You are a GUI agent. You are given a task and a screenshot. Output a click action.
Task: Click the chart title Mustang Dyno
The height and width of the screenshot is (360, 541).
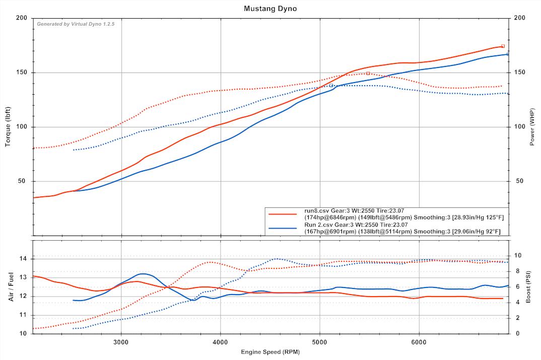click(x=270, y=9)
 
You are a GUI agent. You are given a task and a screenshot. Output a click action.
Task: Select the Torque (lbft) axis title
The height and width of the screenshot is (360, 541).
click(x=8, y=127)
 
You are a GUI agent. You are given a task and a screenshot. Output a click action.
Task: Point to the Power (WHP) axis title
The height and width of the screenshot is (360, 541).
click(x=532, y=127)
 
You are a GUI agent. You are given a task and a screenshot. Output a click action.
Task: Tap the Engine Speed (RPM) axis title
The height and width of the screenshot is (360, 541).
click(x=269, y=352)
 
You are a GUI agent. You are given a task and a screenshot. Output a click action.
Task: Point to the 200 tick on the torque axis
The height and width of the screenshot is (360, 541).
click(x=22, y=18)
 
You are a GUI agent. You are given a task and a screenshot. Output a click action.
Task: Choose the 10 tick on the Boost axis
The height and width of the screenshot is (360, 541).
click(x=517, y=256)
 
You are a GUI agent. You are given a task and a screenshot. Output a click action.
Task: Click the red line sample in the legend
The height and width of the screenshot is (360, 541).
click(x=283, y=213)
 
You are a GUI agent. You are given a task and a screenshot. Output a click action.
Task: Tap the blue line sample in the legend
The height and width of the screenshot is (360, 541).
click(x=283, y=228)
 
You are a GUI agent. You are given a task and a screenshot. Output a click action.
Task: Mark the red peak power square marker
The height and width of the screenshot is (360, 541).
click(x=503, y=46)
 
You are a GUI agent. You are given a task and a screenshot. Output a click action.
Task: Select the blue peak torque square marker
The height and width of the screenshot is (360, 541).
click(x=331, y=86)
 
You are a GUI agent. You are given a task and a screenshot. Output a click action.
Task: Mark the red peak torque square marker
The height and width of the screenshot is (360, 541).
click(x=368, y=74)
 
